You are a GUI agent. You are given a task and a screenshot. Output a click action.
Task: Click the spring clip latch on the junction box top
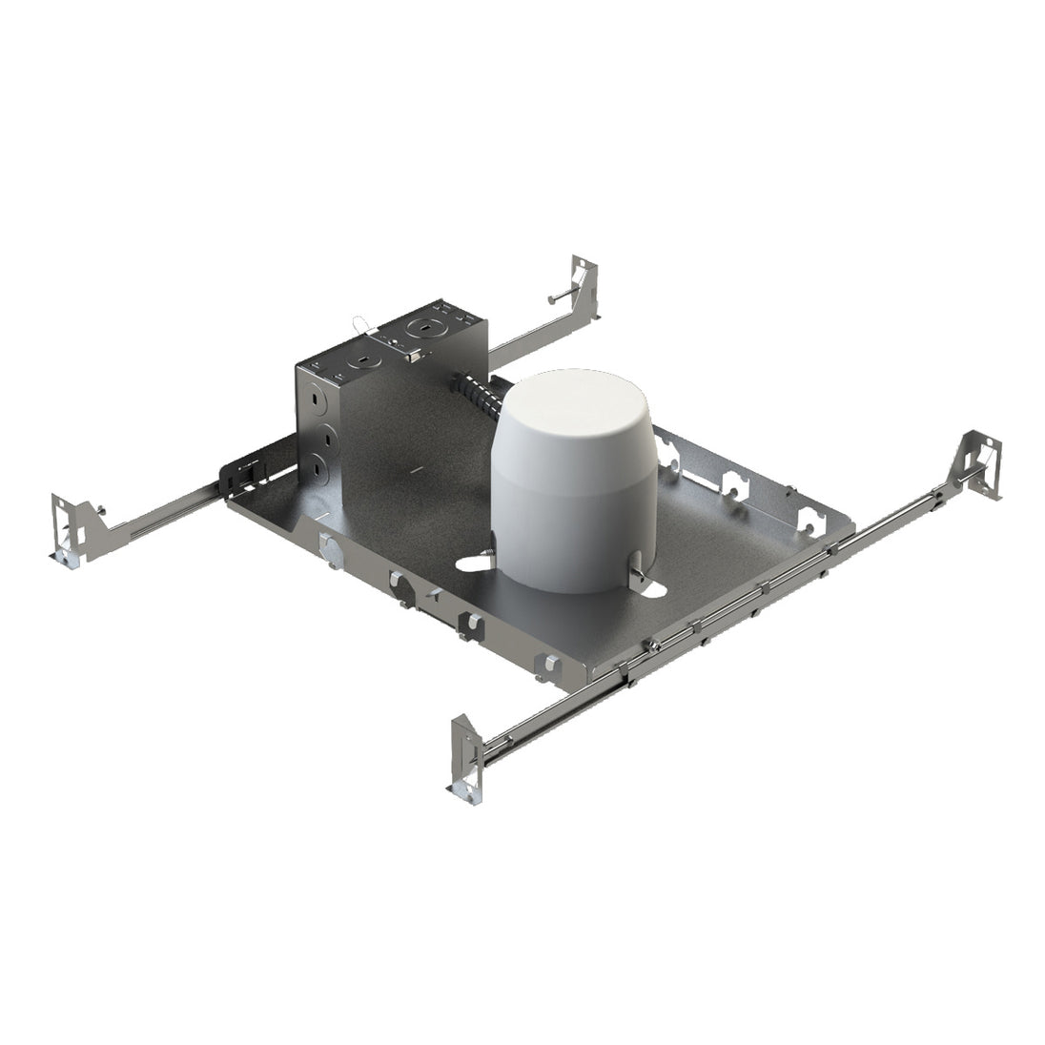412,357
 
